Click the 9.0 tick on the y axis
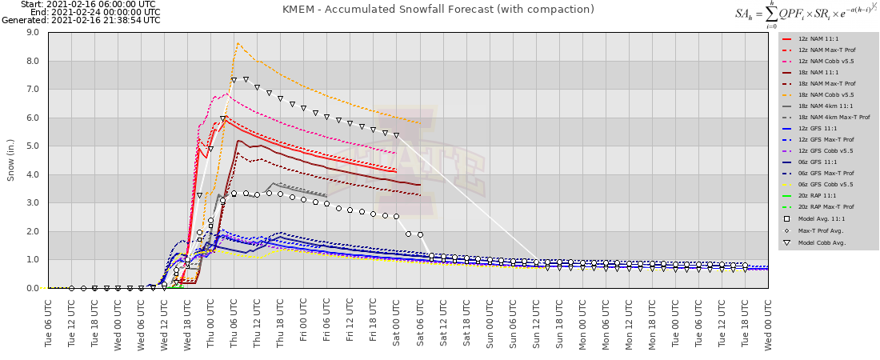coord(33,33)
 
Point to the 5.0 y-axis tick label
coord(33,146)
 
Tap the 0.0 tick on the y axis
coord(33,288)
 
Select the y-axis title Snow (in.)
coord(11,160)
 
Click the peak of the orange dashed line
coord(238,43)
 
